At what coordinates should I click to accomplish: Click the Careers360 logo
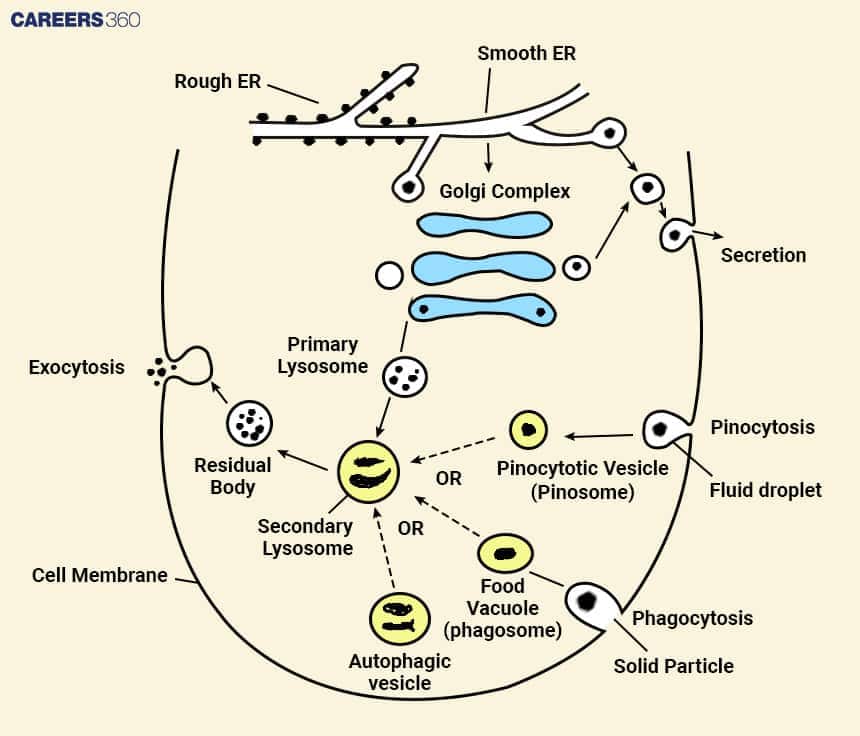[75, 19]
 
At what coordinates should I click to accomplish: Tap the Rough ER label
[218, 81]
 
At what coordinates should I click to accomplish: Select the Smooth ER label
[526, 52]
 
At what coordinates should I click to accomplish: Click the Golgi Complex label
[504, 190]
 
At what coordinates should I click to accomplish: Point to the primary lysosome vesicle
[405, 377]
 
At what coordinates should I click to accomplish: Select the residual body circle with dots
[249, 424]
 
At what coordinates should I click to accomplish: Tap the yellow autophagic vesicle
[400, 619]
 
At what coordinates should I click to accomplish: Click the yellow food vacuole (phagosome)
[506, 553]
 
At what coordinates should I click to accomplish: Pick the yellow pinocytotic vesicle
[528, 430]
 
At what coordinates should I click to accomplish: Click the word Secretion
[763, 255]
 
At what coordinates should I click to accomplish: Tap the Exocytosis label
[76, 367]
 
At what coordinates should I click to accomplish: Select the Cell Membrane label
[99, 575]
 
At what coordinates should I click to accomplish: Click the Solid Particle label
[673, 665]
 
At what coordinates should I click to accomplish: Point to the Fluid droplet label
[765, 489]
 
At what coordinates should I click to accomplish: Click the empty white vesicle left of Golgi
[388, 274]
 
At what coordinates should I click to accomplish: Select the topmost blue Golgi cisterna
[484, 225]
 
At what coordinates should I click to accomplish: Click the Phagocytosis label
[692, 618]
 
